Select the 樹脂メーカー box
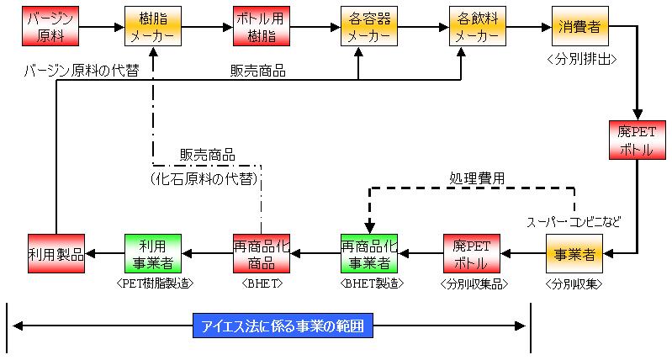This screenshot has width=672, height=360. click(153, 27)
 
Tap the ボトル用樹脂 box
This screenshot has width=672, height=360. click(261, 27)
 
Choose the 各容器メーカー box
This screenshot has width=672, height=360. click(367, 27)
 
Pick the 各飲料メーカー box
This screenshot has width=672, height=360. click(475, 27)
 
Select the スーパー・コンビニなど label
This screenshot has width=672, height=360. click(574, 222)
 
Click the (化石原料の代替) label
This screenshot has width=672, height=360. click(205, 178)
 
